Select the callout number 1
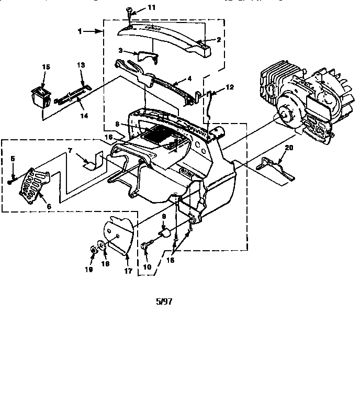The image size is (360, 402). (80, 31)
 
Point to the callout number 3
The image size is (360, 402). (120, 51)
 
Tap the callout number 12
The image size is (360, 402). (230, 87)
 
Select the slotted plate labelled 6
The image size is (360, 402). (33, 186)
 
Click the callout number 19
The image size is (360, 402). (90, 270)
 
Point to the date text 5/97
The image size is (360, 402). (164, 301)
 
